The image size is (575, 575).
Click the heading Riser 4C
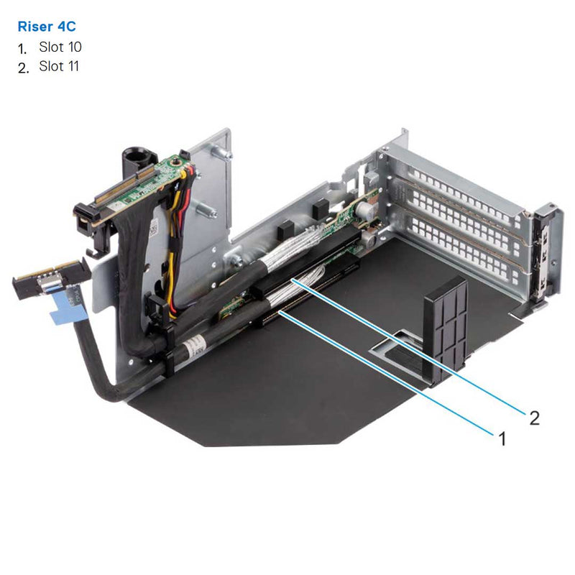tap(46, 27)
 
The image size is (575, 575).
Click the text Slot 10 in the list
tap(60, 47)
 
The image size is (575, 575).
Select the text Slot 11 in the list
tap(60, 67)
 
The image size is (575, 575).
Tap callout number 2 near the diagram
tap(533, 418)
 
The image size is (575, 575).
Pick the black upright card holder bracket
tap(446, 331)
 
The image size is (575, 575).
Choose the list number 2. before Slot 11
tap(23, 68)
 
